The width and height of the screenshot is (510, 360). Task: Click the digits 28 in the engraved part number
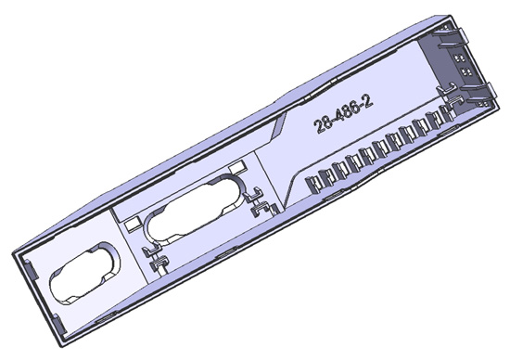tap(321, 124)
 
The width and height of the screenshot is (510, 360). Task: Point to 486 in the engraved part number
tap(346, 112)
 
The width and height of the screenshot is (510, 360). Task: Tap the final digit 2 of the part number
tap(368, 102)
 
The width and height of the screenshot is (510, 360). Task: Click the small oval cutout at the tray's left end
tap(84, 274)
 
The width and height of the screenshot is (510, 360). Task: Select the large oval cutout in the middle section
tap(194, 209)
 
